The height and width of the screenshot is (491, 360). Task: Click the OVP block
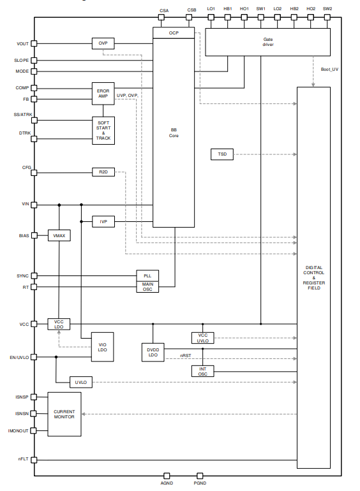click(103, 43)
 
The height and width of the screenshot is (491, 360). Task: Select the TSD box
click(222, 154)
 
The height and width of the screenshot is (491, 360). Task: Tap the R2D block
click(103, 172)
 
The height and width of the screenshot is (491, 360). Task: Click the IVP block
click(103, 222)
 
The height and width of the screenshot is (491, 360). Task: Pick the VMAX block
click(59, 235)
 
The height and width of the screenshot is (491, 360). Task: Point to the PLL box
click(147, 276)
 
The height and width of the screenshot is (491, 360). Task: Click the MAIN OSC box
click(147, 287)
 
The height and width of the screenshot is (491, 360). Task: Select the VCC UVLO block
click(203, 338)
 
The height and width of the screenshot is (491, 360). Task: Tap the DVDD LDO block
click(153, 352)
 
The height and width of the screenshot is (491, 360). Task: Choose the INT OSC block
click(203, 371)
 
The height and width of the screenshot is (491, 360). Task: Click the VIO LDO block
click(103, 347)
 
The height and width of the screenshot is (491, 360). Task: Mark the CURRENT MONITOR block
click(64, 414)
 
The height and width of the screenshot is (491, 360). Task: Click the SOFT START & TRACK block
click(103, 131)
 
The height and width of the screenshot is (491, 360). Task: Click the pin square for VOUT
click(34, 43)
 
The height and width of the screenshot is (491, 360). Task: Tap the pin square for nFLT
click(34, 460)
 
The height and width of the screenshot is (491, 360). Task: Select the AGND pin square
click(167, 476)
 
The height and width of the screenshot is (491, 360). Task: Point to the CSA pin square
click(161, 17)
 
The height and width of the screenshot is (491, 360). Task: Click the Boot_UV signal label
click(329, 70)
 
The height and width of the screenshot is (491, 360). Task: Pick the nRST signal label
click(186, 356)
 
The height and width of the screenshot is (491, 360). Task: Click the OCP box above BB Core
click(174, 33)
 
